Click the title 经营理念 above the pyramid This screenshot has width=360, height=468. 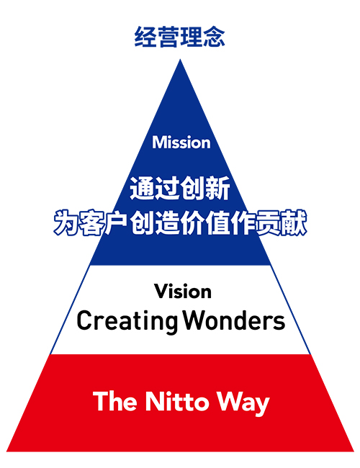(179, 37)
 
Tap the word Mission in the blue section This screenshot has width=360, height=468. (181, 142)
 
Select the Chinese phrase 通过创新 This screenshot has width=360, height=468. (180, 188)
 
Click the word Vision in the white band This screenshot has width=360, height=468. (183, 292)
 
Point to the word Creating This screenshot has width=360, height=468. (127, 321)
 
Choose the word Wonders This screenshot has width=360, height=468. (234, 320)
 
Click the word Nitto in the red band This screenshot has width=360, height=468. (177, 401)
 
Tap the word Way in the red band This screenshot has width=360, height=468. (243, 403)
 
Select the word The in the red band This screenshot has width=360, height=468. (115, 401)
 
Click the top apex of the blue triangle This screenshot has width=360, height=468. (180, 59)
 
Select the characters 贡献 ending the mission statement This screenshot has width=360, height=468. (282, 222)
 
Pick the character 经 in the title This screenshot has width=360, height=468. (145, 37)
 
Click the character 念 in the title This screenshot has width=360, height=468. (214, 37)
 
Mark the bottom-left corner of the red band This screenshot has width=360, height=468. (6, 451)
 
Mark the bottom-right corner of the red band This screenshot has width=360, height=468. (354, 451)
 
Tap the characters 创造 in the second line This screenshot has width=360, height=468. (154, 222)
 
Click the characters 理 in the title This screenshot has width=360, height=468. (191, 37)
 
